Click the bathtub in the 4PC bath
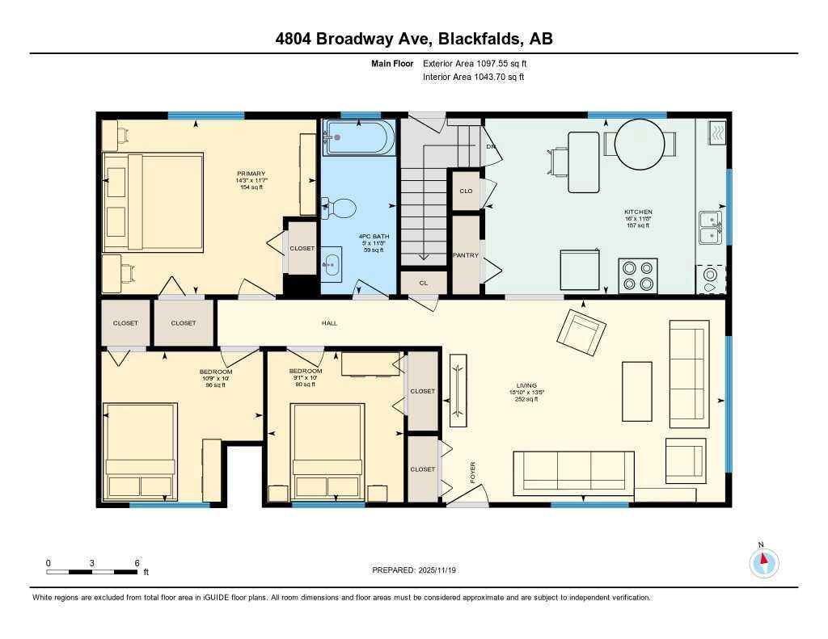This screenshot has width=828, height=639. click(x=359, y=138)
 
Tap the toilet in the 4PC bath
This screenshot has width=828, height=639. click(x=341, y=208)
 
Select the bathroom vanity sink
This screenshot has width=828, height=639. click(x=332, y=263)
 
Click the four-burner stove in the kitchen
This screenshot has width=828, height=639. click(x=638, y=275)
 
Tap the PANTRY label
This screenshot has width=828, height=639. click(x=466, y=255)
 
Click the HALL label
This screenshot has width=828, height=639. click(x=329, y=323)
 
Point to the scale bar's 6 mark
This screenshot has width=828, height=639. click(x=137, y=563)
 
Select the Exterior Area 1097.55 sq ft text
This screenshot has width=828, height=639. click(x=475, y=63)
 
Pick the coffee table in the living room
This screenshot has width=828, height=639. click(x=636, y=389)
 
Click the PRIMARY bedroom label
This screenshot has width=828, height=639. click(x=251, y=174)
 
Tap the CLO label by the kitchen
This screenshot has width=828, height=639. click(x=466, y=191)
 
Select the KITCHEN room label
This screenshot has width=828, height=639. click(x=637, y=212)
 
